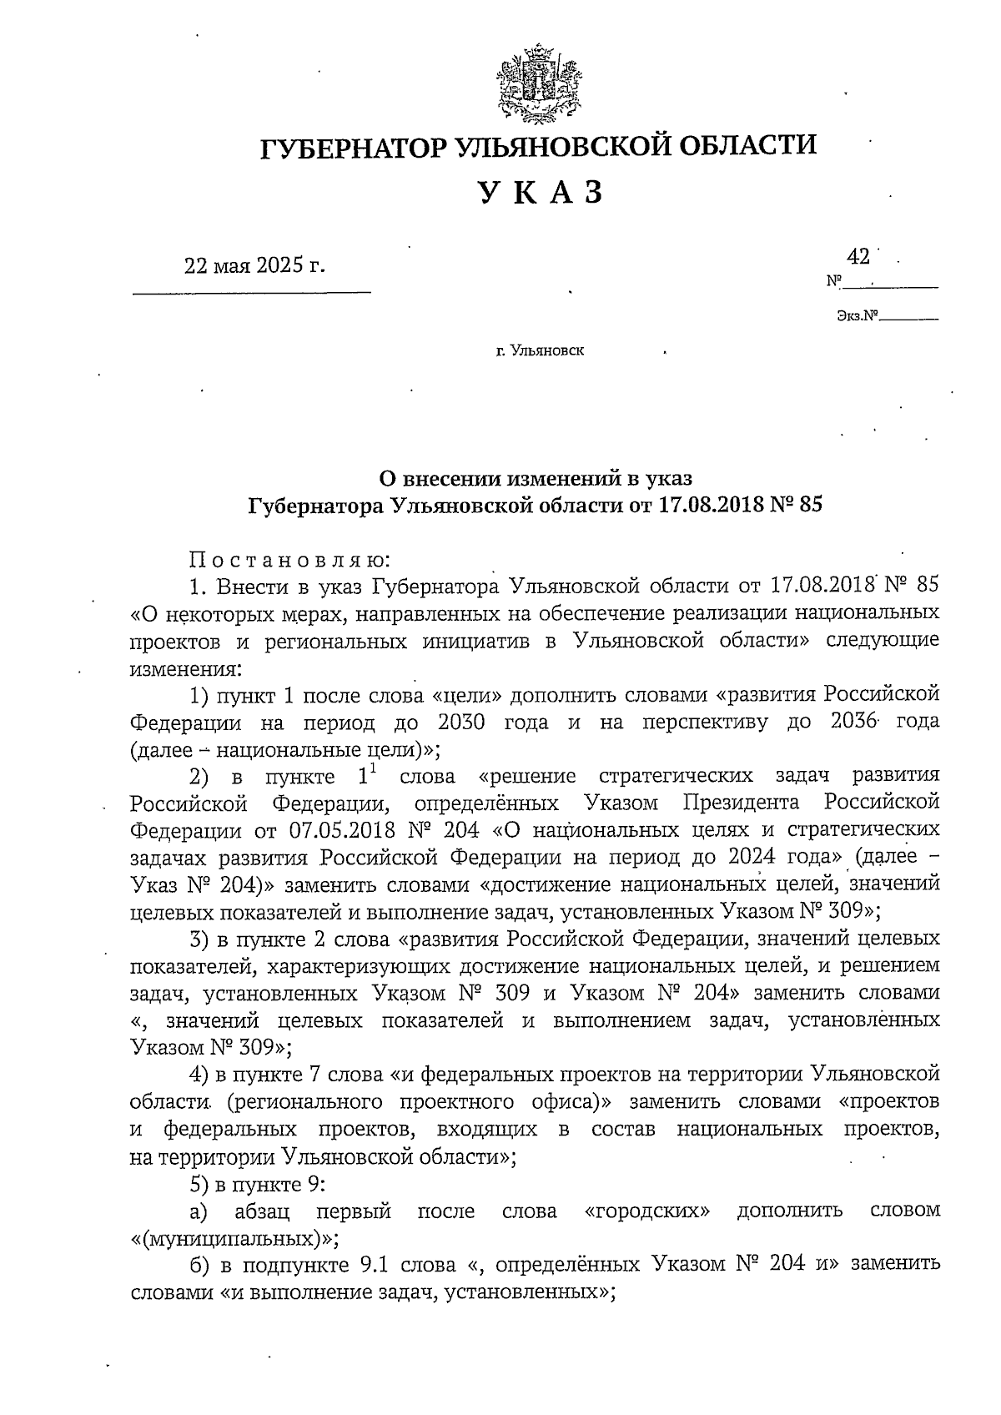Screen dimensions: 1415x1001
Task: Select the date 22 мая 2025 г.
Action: [x=254, y=266]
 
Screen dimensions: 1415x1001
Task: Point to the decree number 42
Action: [x=858, y=254]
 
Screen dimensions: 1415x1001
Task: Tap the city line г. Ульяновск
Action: [x=540, y=350]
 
